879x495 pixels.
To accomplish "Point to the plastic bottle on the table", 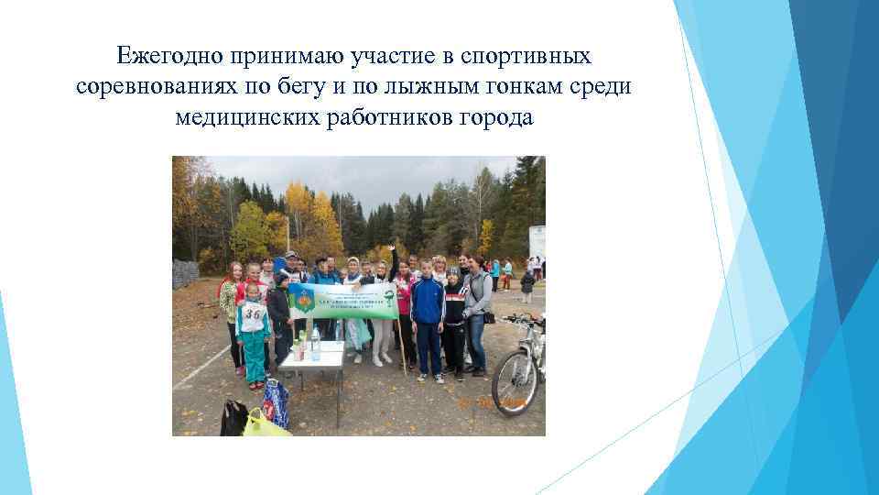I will click(x=316, y=344).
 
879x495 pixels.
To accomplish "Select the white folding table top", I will click(x=312, y=355).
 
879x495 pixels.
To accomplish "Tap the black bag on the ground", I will click(x=233, y=417).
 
